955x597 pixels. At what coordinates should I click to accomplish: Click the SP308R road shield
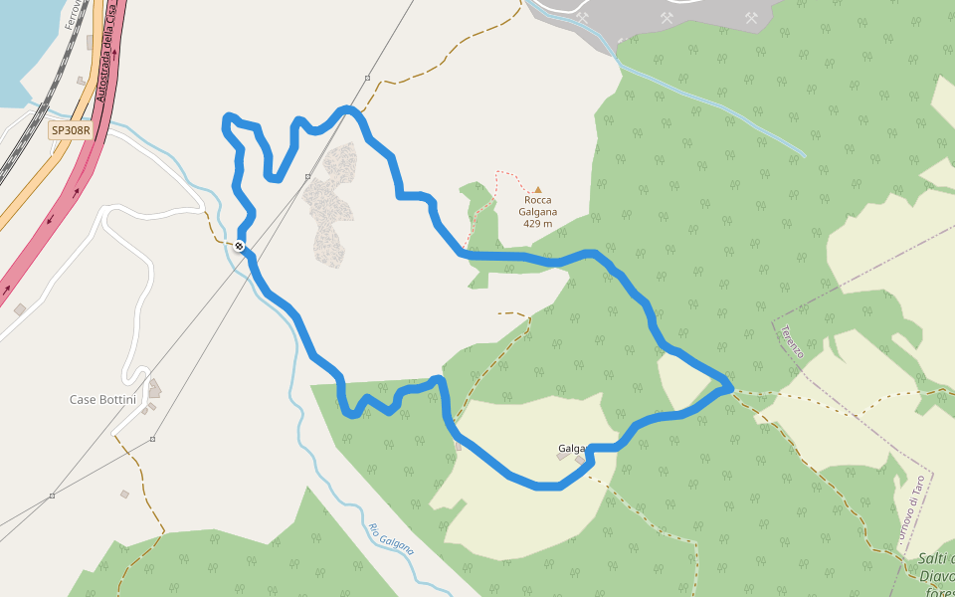(x=71, y=130)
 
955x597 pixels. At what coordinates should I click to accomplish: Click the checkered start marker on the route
(x=240, y=246)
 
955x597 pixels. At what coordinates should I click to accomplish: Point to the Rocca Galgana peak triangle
(x=538, y=189)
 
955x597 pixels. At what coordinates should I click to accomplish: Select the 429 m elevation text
(x=537, y=224)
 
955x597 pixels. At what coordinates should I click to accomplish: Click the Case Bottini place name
(x=102, y=399)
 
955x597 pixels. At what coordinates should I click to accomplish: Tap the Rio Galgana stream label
(x=391, y=539)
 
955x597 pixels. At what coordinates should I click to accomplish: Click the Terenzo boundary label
(x=792, y=342)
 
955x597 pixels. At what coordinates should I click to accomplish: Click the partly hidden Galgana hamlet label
(x=571, y=449)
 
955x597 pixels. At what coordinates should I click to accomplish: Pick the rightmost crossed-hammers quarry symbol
(x=752, y=17)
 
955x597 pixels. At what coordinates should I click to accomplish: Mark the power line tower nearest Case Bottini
(x=152, y=439)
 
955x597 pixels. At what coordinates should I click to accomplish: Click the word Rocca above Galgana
(x=538, y=200)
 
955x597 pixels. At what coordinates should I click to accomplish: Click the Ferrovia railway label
(x=72, y=14)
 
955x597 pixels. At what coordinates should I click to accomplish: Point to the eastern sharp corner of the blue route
(x=731, y=385)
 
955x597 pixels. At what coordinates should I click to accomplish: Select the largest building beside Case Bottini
(x=154, y=388)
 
